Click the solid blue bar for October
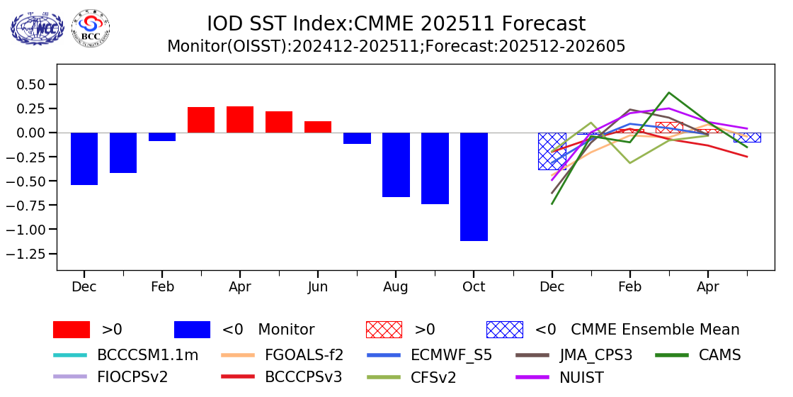474,186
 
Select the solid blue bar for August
396,164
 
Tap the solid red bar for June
318,127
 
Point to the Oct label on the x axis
474,287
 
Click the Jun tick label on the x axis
318,287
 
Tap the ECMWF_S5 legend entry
430,355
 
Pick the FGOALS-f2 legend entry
283,355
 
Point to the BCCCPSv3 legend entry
283,377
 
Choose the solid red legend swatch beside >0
72,330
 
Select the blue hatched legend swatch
504,330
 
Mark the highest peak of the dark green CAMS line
668,92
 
